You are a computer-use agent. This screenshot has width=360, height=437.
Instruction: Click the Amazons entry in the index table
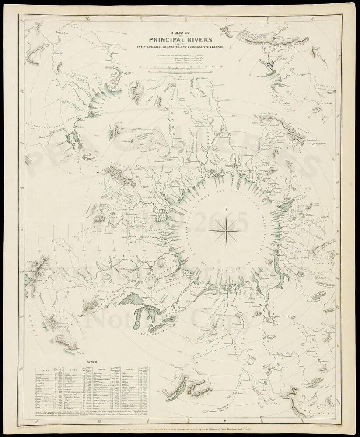42,375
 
